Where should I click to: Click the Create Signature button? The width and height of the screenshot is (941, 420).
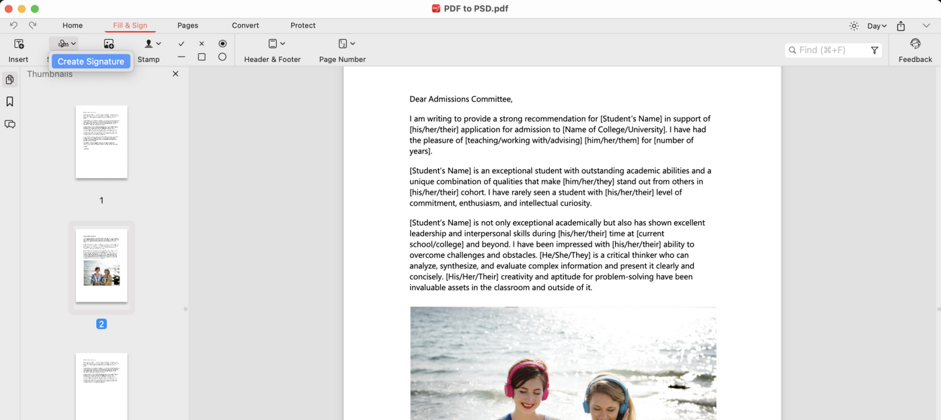pos(91,61)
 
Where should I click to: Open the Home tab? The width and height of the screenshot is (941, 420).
pos(73,26)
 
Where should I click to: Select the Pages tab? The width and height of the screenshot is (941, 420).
pos(188,26)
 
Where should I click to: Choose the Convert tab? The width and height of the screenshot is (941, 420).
pos(245,26)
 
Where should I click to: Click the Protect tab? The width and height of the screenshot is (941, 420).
pos(302,26)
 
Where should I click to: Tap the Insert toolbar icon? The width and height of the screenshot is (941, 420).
pos(19,44)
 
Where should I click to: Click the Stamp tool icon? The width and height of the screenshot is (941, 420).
pos(149,44)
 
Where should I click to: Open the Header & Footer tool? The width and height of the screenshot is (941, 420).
pos(273,44)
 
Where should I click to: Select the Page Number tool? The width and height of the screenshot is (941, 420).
pos(343,44)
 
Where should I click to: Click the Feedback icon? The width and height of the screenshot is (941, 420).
pos(915,44)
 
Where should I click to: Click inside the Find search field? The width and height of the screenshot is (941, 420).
pos(831,50)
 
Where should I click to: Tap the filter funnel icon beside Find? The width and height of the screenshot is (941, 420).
pos(874,50)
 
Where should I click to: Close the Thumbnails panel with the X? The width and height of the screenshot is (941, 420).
pos(175,74)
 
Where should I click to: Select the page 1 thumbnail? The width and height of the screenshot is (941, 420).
pos(101,142)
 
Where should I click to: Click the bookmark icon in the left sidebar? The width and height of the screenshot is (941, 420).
pos(10,102)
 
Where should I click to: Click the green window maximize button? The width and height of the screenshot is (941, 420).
pos(35,9)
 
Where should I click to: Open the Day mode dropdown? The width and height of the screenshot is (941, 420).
pos(876,26)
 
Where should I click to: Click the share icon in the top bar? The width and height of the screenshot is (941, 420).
pos(901,26)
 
